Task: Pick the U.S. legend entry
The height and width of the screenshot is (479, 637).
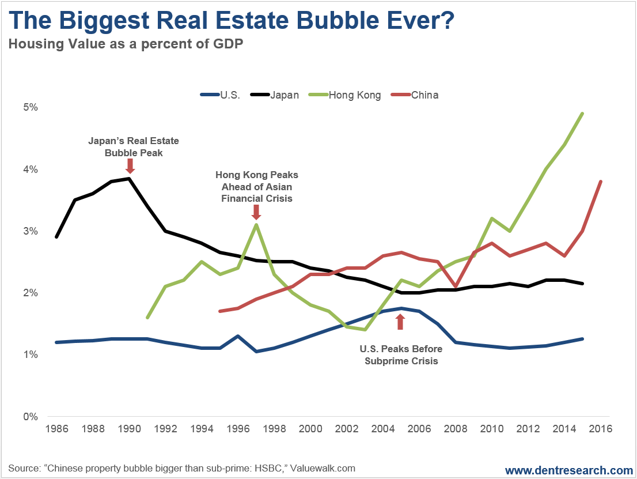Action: tap(220, 95)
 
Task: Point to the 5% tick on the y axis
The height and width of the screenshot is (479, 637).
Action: tap(31, 107)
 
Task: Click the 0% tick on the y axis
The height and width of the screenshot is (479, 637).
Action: tap(31, 416)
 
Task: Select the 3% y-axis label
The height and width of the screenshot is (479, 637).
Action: tap(31, 231)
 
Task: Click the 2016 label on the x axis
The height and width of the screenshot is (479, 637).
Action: tap(601, 429)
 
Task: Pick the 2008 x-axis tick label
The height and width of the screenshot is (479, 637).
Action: tap(456, 429)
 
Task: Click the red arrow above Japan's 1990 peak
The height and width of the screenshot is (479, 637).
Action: tap(130, 167)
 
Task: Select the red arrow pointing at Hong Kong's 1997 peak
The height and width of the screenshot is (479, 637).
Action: tap(256, 213)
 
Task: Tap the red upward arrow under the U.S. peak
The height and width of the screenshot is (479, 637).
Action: tap(401, 321)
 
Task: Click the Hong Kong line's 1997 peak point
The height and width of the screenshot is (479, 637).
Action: tap(256, 225)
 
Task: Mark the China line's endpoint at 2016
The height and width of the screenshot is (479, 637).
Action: tap(601, 182)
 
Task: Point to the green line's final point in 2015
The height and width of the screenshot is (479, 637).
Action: tap(583, 114)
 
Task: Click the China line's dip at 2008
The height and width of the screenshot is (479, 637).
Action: tap(456, 286)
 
